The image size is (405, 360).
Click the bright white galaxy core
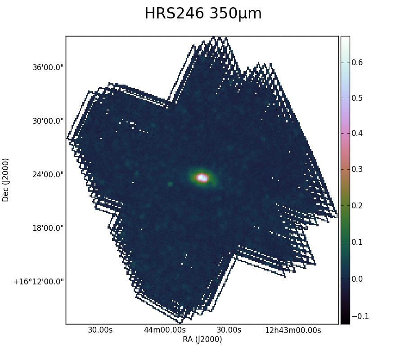202,178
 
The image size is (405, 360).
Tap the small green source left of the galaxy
170,184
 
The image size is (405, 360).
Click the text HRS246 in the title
174,13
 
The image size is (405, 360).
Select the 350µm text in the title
235,13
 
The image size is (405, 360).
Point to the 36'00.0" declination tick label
48,67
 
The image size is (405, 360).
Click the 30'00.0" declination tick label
48,121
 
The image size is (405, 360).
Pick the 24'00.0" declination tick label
48,175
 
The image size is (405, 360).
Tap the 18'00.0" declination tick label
48,228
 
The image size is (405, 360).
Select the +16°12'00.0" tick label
39,282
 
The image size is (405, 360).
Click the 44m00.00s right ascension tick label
165,330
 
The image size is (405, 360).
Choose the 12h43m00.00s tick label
293,330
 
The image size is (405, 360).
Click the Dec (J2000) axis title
5,180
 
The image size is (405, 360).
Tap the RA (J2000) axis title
202,339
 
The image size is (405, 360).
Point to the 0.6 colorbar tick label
357,63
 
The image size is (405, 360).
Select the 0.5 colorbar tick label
357,98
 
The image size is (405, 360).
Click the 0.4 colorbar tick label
357,134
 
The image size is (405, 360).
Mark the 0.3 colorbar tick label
357,169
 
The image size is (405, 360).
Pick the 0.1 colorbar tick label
357,242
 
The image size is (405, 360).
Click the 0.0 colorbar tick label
357,279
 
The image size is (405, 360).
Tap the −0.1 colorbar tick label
360,316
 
